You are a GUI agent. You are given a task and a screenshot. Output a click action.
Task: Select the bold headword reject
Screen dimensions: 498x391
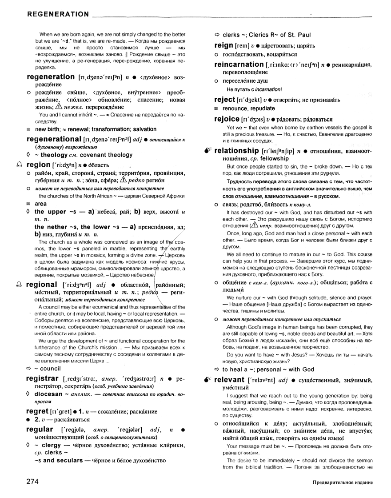tap(224, 100)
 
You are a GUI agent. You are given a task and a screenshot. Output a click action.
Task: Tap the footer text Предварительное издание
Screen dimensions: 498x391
tap(342, 482)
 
